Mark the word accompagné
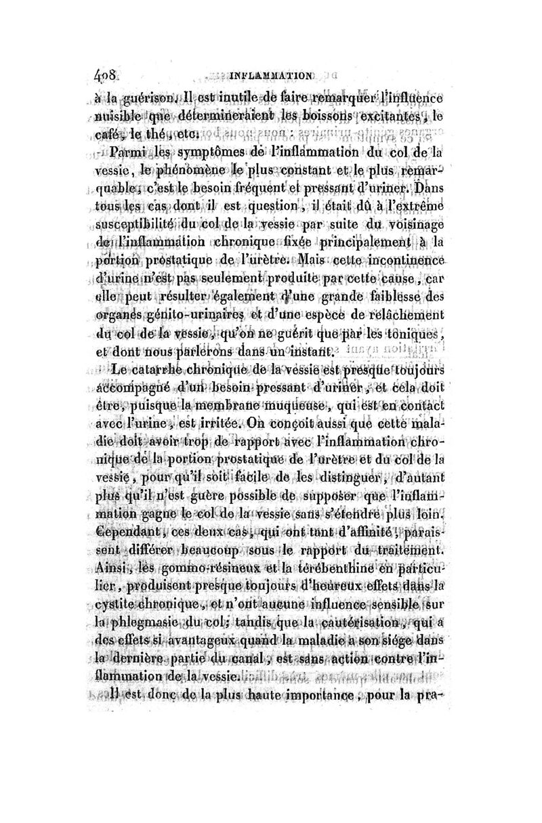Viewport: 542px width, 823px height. [133, 388]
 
